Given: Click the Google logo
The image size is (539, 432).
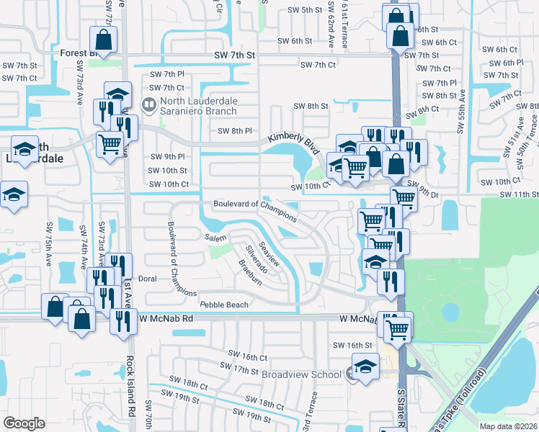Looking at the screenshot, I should pyautogui.click(x=24, y=423).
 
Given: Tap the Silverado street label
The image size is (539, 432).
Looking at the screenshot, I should pyautogui.click(x=257, y=259).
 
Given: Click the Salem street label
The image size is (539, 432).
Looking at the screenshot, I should pyautogui.click(x=215, y=238).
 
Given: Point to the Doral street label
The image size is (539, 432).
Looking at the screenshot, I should pyautogui.click(x=147, y=278).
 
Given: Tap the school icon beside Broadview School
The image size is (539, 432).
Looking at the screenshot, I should pyautogui.click(x=365, y=367).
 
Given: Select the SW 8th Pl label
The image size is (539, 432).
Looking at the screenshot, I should pyautogui.click(x=235, y=131).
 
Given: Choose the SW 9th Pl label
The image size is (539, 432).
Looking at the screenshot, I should pyautogui.click(x=167, y=156).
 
